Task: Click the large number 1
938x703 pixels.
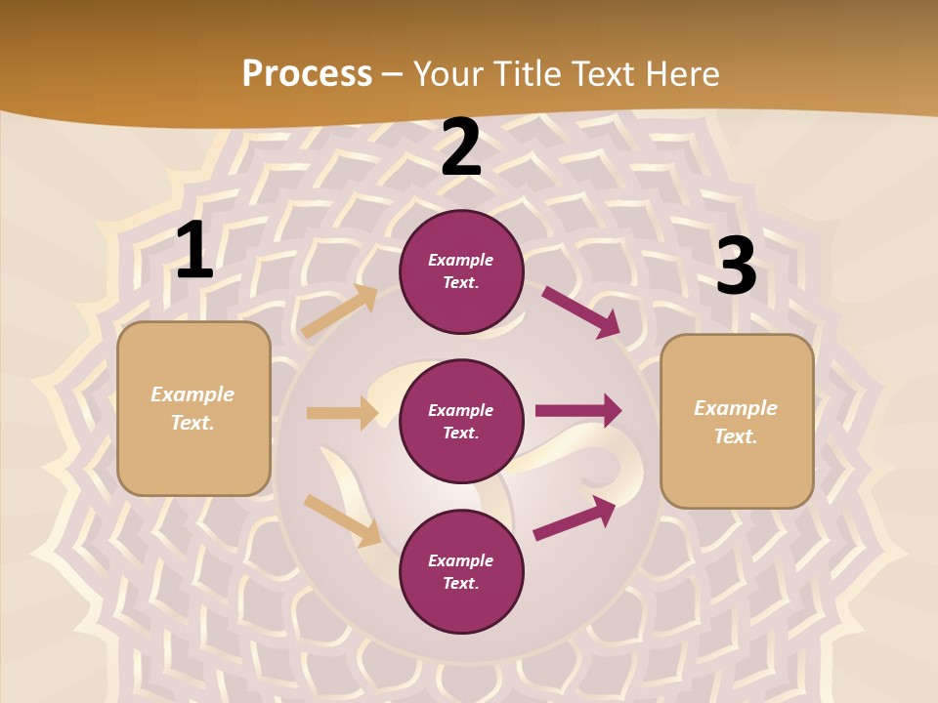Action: pyautogui.click(x=194, y=251)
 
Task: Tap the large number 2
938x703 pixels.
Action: pyautogui.click(x=460, y=147)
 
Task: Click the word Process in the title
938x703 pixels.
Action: pyautogui.click(x=307, y=73)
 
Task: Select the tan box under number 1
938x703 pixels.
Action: pyautogui.click(x=193, y=408)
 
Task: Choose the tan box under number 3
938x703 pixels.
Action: pyautogui.click(x=737, y=422)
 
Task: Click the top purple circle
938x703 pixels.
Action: pyautogui.click(x=461, y=271)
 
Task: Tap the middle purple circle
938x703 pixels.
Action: pyautogui.click(x=461, y=421)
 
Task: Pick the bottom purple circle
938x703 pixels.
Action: pyautogui.click(x=461, y=571)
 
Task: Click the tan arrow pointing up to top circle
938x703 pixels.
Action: pyautogui.click(x=339, y=311)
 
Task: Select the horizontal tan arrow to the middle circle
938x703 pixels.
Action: pyautogui.click(x=342, y=413)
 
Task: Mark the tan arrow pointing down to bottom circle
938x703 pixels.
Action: pyautogui.click(x=342, y=520)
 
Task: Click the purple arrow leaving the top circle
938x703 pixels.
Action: pyautogui.click(x=580, y=312)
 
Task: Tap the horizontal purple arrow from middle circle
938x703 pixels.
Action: pyautogui.click(x=578, y=410)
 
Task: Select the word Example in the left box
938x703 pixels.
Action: pyautogui.click(x=192, y=394)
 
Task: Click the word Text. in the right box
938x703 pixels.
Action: pyautogui.click(x=736, y=436)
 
